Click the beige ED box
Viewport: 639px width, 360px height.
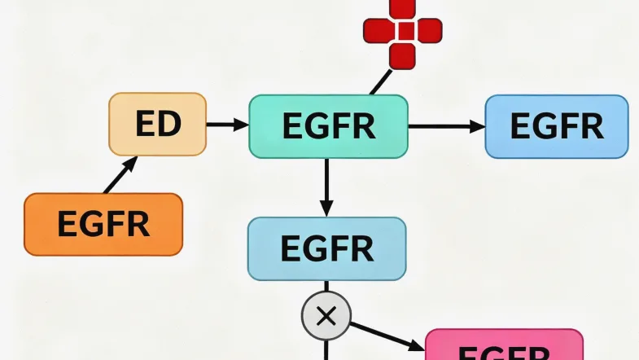coord(158,124)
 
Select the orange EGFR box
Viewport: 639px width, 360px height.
coord(103,224)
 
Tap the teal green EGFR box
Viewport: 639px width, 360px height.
coord(327,126)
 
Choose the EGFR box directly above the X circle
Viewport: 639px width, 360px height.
coord(326,248)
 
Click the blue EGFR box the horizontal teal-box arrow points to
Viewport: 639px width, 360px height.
coord(557,126)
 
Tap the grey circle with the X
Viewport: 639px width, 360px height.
coord(326,315)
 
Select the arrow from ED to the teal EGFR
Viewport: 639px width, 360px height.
coord(227,125)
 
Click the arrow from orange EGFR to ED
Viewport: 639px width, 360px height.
coord(120,174)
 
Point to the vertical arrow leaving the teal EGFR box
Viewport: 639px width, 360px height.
coord(326,187)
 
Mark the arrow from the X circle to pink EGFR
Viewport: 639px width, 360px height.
coord(387,334)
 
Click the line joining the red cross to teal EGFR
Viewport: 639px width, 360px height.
coord(379,81)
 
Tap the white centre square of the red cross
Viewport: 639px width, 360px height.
coord(402,31)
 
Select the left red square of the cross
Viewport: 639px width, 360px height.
coord(377,31)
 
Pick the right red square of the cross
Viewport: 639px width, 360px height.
coord(428,31)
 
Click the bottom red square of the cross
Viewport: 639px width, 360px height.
coord(402,55)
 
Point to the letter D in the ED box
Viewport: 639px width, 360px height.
coord(169,124)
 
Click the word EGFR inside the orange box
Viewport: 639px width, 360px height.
coord(103,224)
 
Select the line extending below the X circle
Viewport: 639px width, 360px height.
coord(326,349)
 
